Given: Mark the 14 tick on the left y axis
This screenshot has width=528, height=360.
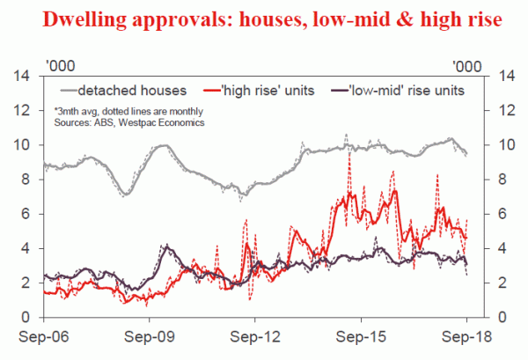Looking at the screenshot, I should [26, 76].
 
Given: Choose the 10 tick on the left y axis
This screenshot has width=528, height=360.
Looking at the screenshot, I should [26, 144].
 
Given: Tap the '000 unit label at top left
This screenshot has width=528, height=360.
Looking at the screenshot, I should [58, 62].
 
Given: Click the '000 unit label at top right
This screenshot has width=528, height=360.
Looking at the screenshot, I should [467, 62].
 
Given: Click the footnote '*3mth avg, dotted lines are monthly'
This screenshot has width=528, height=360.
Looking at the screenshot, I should [128, 111].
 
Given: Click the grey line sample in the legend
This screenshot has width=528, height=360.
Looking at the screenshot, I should [68, 90].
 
